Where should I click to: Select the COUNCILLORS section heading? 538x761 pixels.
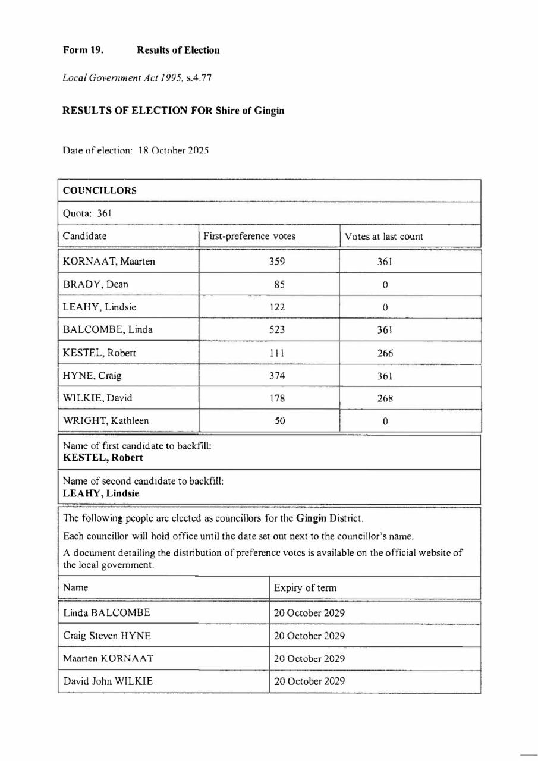coord(100,191)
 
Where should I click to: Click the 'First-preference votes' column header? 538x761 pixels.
coord(250,236)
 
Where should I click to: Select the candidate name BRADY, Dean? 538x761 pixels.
coord(96,284)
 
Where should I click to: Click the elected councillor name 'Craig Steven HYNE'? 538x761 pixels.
coord(106,636)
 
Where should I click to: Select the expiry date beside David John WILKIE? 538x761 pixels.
coord(309,681)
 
